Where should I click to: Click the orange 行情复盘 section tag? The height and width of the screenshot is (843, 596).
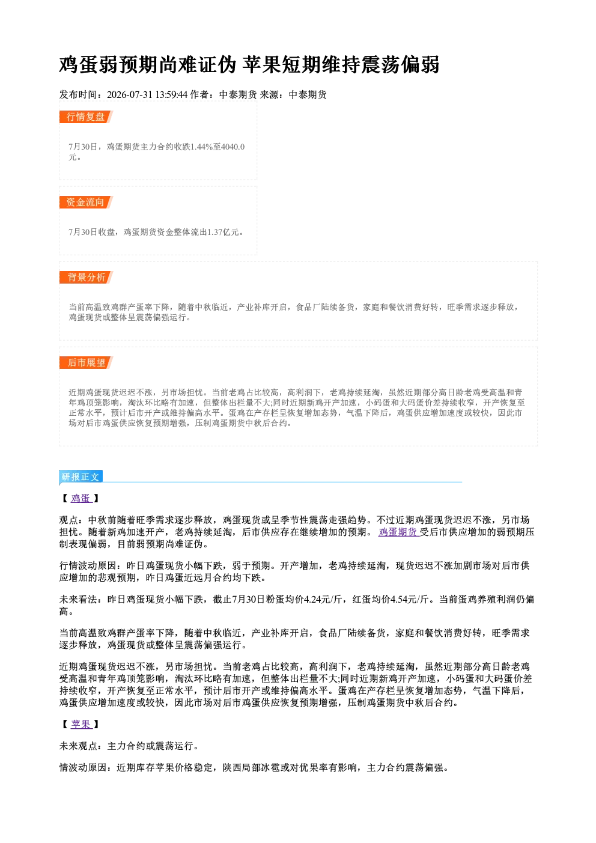point(86,117)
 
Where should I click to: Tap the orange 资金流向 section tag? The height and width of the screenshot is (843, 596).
point(86,202)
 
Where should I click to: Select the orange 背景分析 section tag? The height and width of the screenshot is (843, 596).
point(86,278)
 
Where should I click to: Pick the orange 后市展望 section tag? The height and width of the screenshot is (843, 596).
point(86,362)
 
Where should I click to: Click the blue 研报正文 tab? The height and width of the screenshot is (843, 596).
point(81,477)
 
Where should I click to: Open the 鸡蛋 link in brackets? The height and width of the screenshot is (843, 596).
point(81,498)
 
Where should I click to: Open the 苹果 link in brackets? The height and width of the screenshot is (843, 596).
point(81,724)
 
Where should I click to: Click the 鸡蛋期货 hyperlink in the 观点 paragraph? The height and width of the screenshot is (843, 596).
point(399,532)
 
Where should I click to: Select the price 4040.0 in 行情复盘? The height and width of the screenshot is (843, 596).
point(233,147)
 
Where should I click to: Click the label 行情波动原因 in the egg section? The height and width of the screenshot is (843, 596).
point(88,565)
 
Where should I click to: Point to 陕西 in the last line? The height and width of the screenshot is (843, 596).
point(232,768)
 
